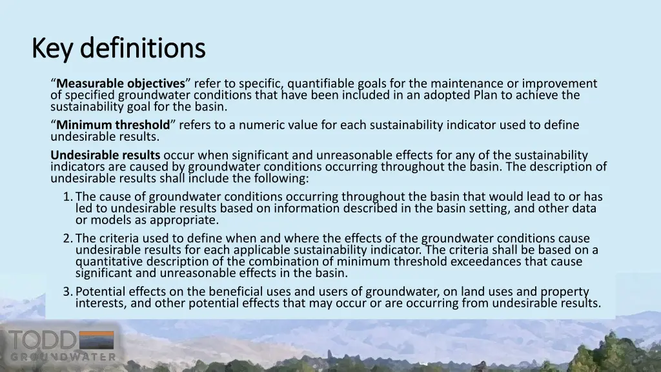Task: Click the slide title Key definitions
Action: tap(118, 48)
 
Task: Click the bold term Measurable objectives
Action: tap(121, 83)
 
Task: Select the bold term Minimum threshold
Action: tap(113, 125)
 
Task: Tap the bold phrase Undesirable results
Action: tap(105, 155)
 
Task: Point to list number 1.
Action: tap(67, 196)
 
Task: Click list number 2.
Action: tap(67, 238)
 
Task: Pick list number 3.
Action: tap(67, 291)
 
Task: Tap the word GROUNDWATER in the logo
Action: tap(63, 356)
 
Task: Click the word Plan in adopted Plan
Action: tap(485, 95)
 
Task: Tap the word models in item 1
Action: tap(109, 220)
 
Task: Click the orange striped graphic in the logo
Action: tap(96, 340)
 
